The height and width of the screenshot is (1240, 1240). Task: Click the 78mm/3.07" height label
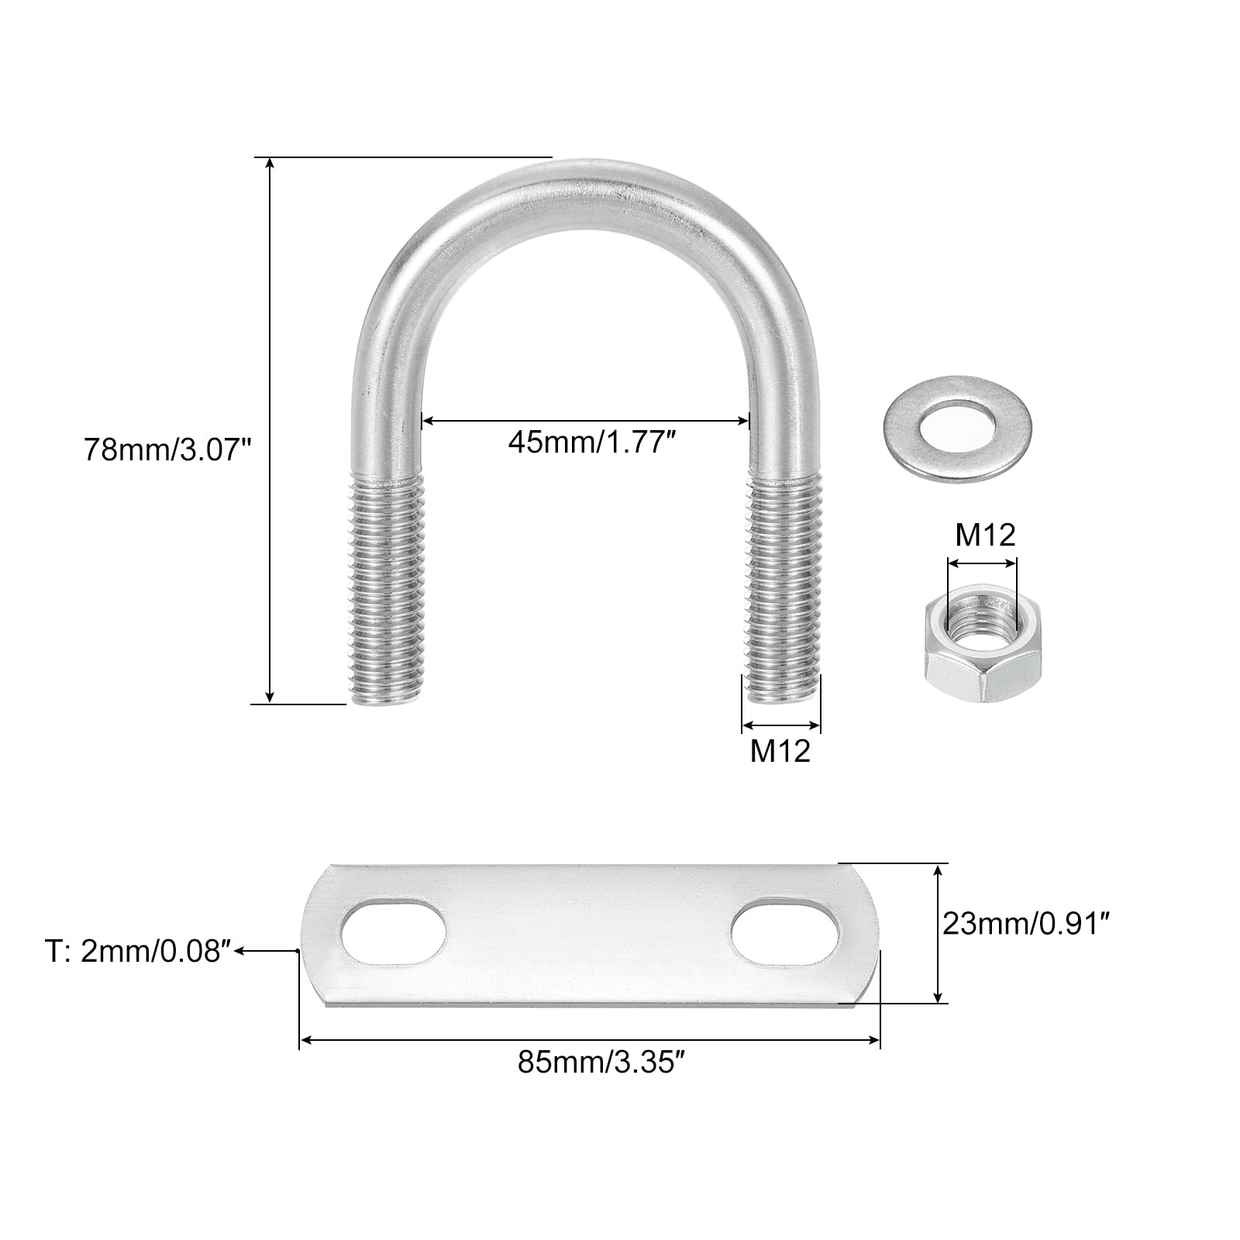[168, 449]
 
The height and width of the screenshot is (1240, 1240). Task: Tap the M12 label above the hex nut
[985, 535]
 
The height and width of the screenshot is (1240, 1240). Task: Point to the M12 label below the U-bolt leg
[780, 751]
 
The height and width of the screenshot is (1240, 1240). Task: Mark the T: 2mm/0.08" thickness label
[138, 952]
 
